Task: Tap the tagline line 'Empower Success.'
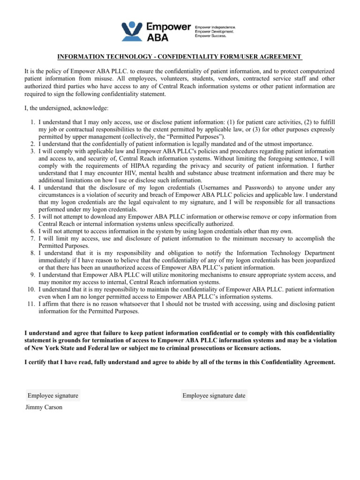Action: coord(210,36)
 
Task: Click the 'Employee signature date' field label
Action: coord(214,396)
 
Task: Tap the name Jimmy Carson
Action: coord(44,408)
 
